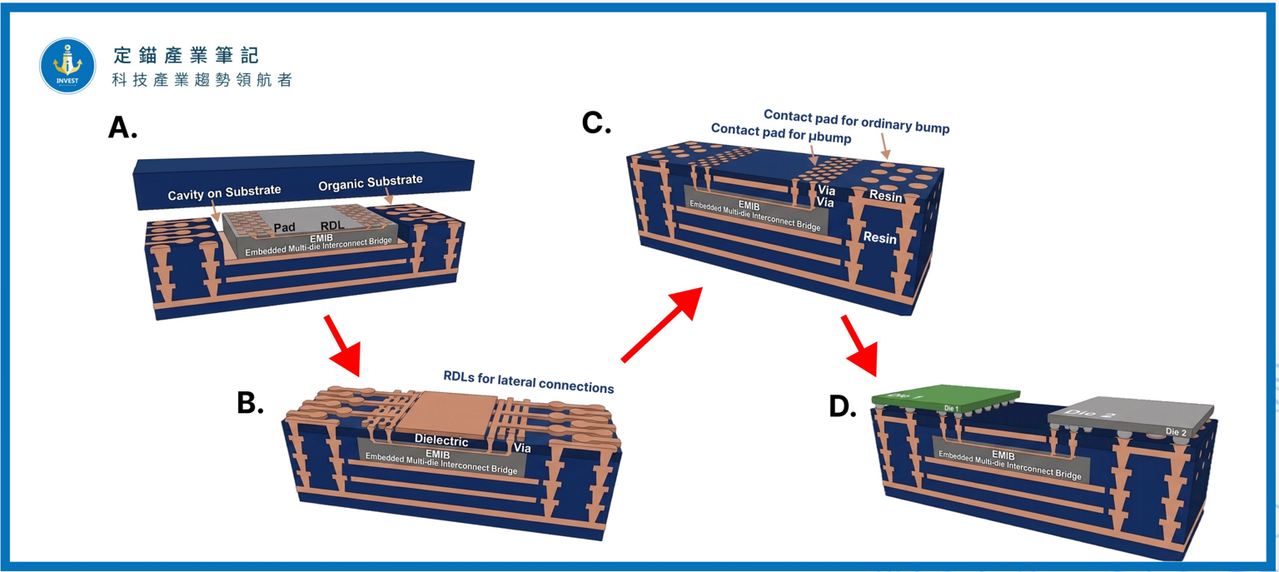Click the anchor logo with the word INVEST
point(67,66)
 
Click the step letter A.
point(122,127)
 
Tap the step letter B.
point(250,402)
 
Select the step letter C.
point(596,122)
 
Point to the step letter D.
point(842,406)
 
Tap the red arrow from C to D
point(860,346)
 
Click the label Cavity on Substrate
point(224,192)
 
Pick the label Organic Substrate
point(371,182)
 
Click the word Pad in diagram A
point(284,227)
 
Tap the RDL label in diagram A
point(332,226)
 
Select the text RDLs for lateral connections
point(529,382)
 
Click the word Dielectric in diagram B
point(441,440)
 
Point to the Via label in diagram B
point(522,448)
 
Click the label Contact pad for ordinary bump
point(857,122)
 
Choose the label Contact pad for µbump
point(781,133)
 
